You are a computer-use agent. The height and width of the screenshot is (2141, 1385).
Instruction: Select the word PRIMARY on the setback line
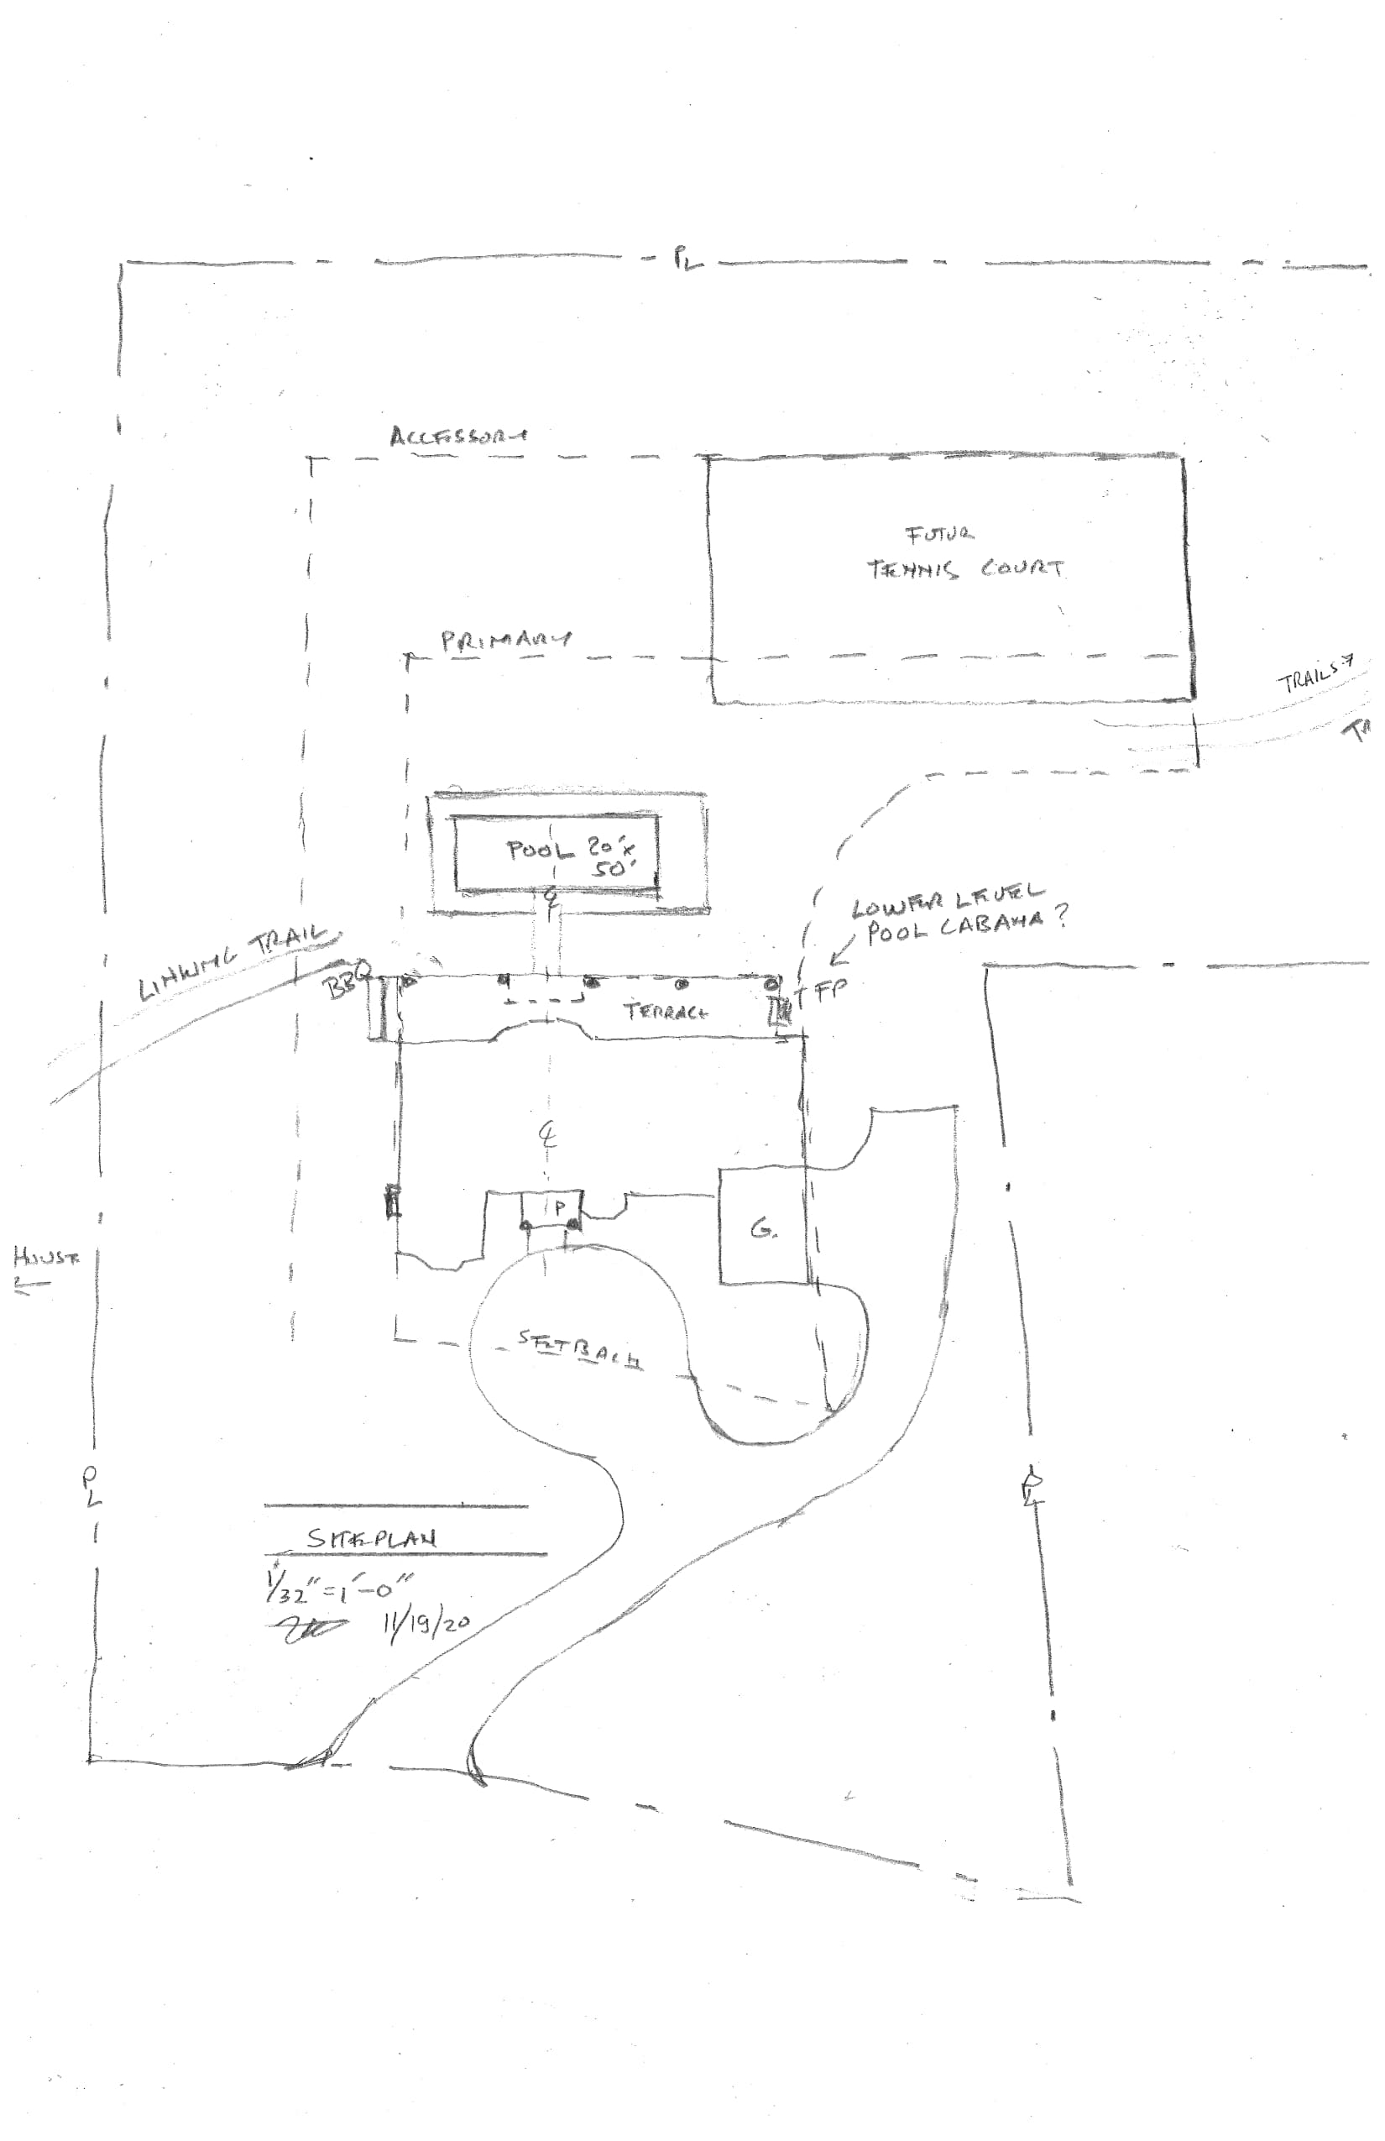point(505,641)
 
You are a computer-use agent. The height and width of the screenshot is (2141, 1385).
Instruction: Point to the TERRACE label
point(666,1011)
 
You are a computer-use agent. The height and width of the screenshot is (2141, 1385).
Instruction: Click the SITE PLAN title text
point(371,1537)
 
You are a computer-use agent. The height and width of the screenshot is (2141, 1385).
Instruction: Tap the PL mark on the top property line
point(687,261)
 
